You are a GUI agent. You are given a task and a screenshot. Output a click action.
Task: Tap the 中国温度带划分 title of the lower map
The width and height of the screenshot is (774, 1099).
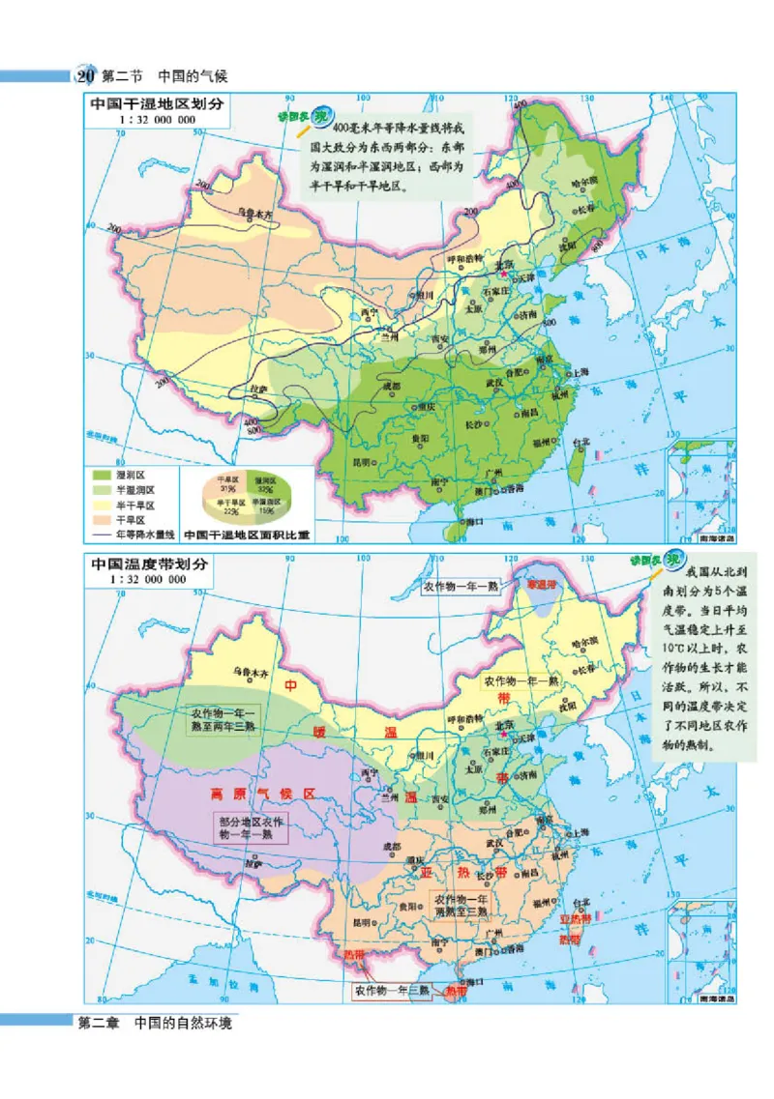pyautogui.click(x=151, y=564)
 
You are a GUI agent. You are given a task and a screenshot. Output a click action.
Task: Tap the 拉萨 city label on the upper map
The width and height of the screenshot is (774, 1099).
pyautogui.click(x=253, y=389)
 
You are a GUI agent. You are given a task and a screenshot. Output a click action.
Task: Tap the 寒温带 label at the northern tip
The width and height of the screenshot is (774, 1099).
pyautogui.click(x=543, y=585)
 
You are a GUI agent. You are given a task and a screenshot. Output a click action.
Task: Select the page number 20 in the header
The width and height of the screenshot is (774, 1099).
pyautogui.click(x=83, y=75)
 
